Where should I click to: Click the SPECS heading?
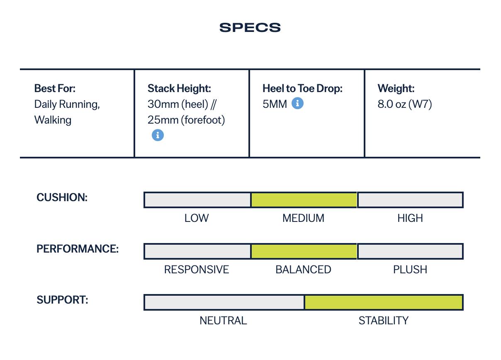pos(250,28)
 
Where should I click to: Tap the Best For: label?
pos(55,88)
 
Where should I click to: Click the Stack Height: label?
pos(179,88)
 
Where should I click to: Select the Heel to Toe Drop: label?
pos(302,88)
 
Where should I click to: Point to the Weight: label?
pos(396,88)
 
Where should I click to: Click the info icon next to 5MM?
pos(297,103)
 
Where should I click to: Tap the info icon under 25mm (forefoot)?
pos(158,135)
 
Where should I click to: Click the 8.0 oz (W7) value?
pos(405,104)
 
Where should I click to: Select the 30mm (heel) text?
pos(178,104)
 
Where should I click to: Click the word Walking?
pos(53,120)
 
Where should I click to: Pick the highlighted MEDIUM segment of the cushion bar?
pos(304,200)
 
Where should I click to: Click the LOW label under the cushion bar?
pos(197,218)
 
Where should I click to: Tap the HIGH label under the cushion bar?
pos(410,218)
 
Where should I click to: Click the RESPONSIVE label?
pos(197,270)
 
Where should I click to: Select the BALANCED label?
pos(303,270)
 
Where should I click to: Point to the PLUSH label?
pos(410,270)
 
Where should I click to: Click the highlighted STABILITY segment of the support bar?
pos(383,302)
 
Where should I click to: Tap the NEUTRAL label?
pos(223,321)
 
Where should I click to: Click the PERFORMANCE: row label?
pos(78,249)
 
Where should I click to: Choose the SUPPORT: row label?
pos(62,300)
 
